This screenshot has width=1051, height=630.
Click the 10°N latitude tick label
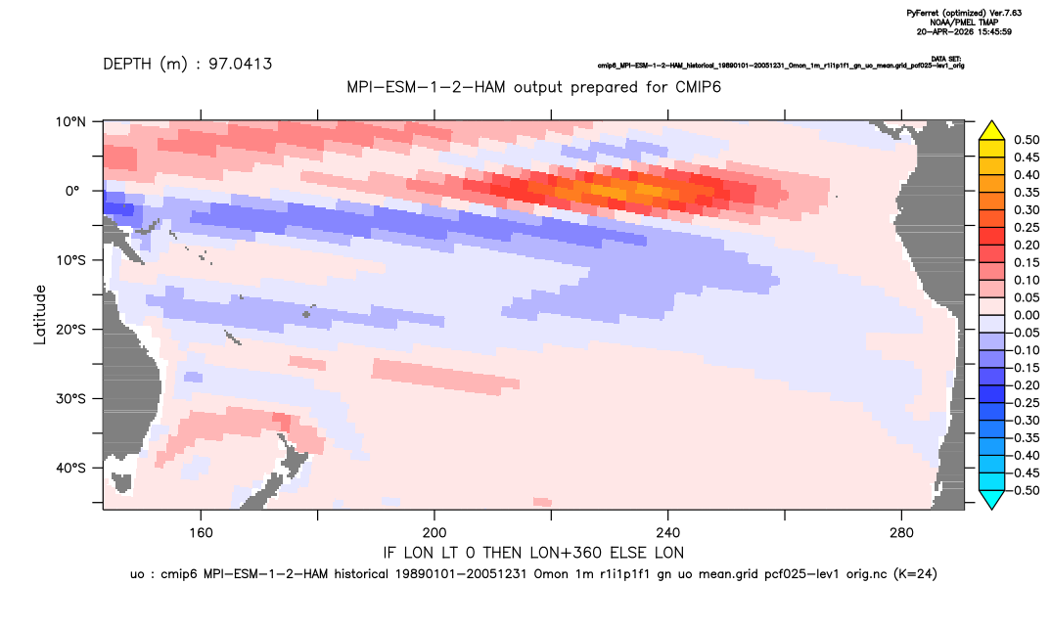click(x=70, y=122)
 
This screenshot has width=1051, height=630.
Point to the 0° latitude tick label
click(x=72, y=191)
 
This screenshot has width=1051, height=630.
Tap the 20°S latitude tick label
click(x=70, y=330)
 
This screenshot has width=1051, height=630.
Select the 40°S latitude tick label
click(x=70, y=468)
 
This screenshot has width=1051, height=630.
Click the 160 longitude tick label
click(x=201, y=533)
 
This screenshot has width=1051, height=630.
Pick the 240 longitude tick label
click(x=668, y=533)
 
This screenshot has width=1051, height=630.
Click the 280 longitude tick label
click(x=901, y=533)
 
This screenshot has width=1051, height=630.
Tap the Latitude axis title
click(x=40, y=315)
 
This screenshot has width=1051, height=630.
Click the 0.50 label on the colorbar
click(x=1027, y=140)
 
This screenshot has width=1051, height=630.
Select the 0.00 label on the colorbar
click(x=1027, y=315)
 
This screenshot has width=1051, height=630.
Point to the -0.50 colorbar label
click(x=1025, y=490)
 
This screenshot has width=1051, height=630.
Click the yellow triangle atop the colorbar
click(x=991, y=131)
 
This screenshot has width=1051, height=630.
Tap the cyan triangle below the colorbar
click(x=991, y=500)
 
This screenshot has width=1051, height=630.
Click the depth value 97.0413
click(x=240, y=65)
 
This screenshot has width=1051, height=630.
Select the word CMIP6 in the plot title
click(x=698, y=87)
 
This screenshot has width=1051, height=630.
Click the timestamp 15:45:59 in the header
click(x=993, y=31)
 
